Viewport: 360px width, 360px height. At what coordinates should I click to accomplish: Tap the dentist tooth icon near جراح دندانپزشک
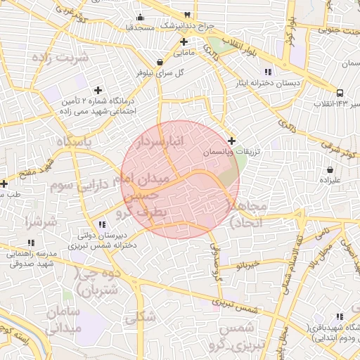[x=187, y=15]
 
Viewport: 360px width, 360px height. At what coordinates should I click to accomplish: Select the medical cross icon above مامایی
[x=184, y=42]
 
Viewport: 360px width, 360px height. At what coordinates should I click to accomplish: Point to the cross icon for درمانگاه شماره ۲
[x=98, y=90]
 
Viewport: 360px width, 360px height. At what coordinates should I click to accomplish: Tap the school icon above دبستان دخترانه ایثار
[x=266, y=72]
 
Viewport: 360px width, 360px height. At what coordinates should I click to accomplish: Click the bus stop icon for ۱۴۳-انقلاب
[x=340, y=93]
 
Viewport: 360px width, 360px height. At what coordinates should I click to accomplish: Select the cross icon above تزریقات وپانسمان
[x=232, y=141]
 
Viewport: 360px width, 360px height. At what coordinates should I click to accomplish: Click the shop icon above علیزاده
[x=330, y=169]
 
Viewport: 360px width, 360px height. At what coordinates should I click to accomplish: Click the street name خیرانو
[x=250, y=265]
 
